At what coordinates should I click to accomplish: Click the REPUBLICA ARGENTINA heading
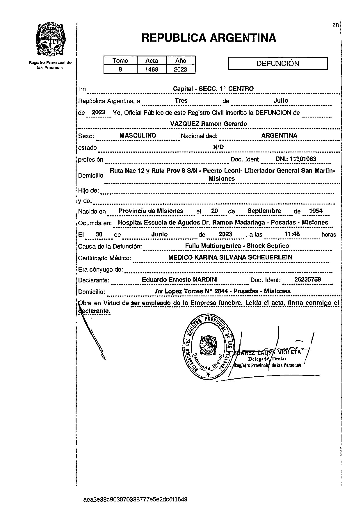click(x=209, y=38)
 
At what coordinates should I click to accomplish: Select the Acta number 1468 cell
click(x=152, y=70)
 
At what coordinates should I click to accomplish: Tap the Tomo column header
click(x=120, y=60)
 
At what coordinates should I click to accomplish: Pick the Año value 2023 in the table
click(x=180, y=70)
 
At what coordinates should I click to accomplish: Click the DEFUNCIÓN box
click(x=278, y=63)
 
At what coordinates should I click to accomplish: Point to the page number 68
click(x=335, y=25)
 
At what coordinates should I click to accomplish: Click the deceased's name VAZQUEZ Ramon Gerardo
click(x=209, y=124)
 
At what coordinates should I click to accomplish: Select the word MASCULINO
click(x=138, y=136)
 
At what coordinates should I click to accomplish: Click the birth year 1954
click(x=316, y=211)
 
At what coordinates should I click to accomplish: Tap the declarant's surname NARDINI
click(x=205, y=280)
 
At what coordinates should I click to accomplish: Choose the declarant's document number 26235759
click(x=307, y=280)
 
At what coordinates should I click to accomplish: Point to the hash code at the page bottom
click(x=135, y=500)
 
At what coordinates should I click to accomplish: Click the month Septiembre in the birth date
click(x=264, y=211)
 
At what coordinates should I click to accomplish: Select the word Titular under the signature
click(x=279, y=359)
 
